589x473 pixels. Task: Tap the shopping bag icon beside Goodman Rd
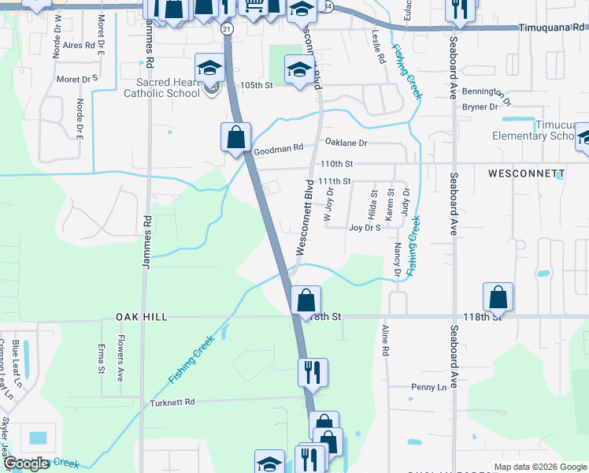(235, 138)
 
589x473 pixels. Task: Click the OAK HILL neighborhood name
(142, 316)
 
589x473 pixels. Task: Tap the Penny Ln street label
(428, 387)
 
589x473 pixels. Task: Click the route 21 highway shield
(227, 28)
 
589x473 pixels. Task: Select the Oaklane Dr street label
(346, 143)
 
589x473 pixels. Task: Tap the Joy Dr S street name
(365, 228)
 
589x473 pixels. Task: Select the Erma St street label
(101, 357)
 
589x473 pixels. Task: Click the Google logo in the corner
(26, 463)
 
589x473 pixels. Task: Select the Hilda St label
(373, 204)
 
